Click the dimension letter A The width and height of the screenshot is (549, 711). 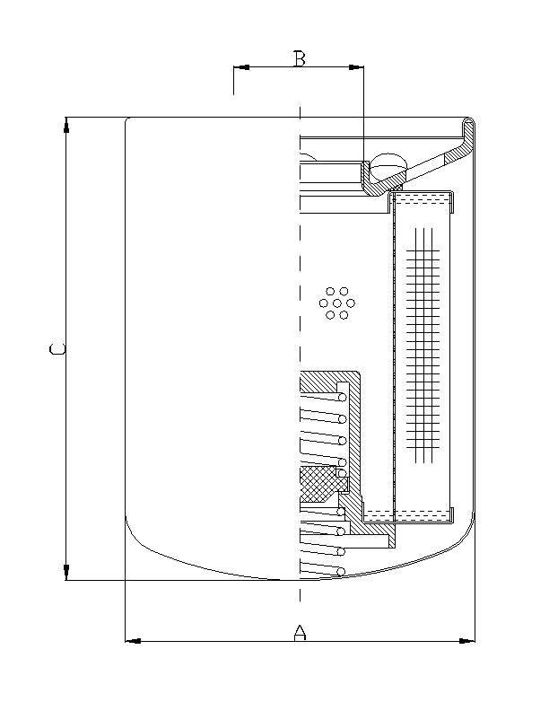(301, 632)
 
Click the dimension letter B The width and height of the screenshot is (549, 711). (300, 59)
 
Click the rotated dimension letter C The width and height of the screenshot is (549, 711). (56, 348)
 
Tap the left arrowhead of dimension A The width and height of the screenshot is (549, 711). (133, 641)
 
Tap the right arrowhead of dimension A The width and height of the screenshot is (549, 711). (466, 641)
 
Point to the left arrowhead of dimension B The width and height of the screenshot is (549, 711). (241, 66)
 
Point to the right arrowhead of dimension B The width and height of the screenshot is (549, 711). (356, 66)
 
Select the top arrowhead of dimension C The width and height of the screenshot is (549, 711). (67, 126)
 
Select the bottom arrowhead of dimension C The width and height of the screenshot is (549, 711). (67, 571)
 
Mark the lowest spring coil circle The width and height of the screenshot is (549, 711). (342, 571)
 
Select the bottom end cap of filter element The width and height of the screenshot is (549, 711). (423, 516)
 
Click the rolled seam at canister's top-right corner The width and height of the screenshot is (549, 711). (468, 126)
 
